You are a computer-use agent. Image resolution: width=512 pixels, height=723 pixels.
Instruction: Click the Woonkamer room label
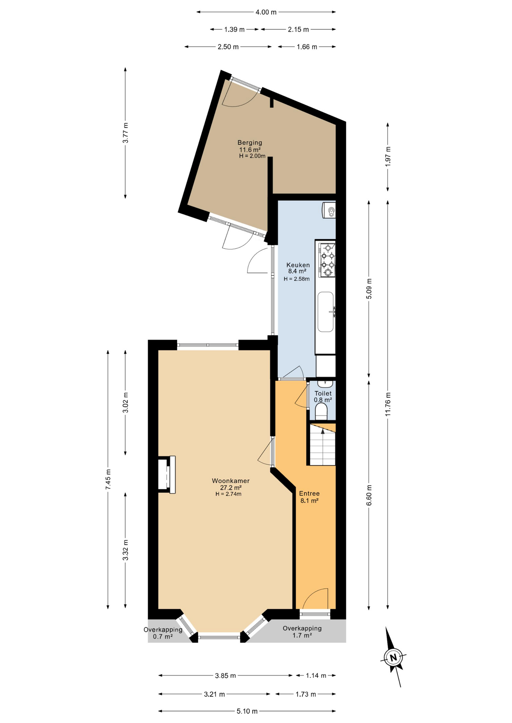tap(230, 481)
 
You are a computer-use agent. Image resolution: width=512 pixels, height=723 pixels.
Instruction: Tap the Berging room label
tap(250, 143)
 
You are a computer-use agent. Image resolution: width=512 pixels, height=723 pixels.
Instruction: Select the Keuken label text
tap(297, 265)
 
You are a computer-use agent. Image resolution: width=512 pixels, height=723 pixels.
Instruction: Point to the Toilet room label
tap(323, 394)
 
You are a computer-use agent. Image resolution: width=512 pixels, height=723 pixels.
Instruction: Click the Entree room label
tap(309, 494)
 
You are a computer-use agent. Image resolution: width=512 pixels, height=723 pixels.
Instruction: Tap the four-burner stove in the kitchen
tap(327, 260)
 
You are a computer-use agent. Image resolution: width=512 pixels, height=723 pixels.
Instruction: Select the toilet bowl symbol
tap(322, 412)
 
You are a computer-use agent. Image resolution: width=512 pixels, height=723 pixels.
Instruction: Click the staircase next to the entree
tap(323, 445)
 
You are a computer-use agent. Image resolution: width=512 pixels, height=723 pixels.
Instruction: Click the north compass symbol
tap(393, 658)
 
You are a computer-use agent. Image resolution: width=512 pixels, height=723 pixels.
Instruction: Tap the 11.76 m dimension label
tap(388, 404)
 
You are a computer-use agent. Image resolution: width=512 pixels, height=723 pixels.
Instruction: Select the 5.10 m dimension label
tap(247, 711)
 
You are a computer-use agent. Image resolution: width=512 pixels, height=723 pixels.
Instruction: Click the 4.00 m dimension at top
tap(266, 12)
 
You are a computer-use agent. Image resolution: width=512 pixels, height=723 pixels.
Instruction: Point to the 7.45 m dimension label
tap(108, 479)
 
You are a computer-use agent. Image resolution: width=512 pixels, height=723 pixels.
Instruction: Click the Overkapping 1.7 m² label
tap(302, 631)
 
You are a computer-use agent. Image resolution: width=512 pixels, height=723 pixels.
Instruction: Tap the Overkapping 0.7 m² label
tap(163, 633)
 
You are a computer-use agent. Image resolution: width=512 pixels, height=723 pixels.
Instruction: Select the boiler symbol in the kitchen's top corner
tap(329, 210)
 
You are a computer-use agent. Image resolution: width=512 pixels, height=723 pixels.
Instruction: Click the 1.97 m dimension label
tap(388, 156)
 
